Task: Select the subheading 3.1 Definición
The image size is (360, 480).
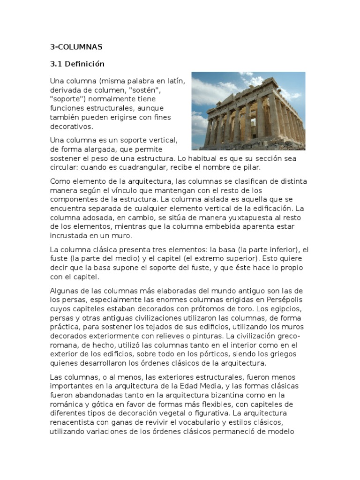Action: tap(77, 64)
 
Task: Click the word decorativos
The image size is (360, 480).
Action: tap(72, 127)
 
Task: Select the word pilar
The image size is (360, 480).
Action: tap(249, 167)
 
